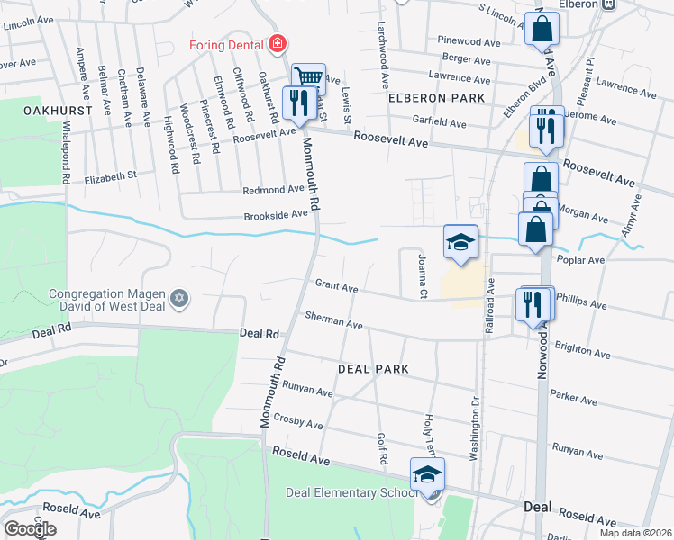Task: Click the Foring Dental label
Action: coord(226,43)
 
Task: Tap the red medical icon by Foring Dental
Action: coord(278,43)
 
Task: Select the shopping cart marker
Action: coord(308,78)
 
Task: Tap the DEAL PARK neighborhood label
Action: coord(373,369)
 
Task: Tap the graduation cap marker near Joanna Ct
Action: coord(460,242)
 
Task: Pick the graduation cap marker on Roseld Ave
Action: coord(427,473)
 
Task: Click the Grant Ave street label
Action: coord(336,284)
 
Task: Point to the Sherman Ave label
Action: coord(333,319)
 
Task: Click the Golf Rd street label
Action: coord(383,446)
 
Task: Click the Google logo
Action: coord(30,529)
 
